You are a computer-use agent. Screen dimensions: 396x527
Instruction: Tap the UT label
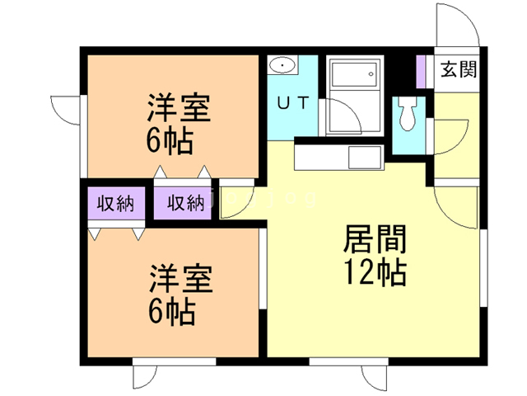point(291,104)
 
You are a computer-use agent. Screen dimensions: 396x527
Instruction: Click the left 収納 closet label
point(115,203)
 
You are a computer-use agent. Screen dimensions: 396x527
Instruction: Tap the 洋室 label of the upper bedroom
point(180,109)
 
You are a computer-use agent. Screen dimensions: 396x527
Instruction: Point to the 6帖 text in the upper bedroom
point(170,142)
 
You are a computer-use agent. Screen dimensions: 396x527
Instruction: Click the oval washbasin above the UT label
point(283,65)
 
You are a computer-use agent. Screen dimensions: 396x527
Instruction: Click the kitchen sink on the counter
point(363,157)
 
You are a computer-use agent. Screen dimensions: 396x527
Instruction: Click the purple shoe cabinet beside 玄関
point(420,72)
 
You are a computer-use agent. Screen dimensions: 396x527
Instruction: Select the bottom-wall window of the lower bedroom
point(174,361)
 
